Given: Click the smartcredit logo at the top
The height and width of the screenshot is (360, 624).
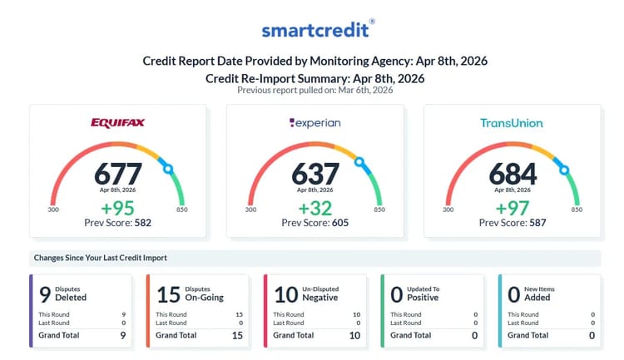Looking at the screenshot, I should point(314,30).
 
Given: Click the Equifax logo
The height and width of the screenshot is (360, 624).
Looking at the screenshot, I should point(117,123).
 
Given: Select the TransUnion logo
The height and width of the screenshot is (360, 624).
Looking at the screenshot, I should point(511,123).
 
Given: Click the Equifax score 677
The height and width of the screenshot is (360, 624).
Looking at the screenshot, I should point(117,173).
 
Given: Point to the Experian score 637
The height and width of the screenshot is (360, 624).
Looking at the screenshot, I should point(314,173).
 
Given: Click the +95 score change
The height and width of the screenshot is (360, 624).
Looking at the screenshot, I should point(117,208).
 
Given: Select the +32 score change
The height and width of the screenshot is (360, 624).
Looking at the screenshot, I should point(314,208).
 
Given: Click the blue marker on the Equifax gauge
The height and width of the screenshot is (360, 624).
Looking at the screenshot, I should point(168,168).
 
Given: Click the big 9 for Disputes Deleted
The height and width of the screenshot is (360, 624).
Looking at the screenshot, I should point(45,293).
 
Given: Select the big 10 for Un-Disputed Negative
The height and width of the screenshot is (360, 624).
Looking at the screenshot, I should point(285,293).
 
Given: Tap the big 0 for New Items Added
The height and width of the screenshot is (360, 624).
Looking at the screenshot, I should point(514,293).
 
